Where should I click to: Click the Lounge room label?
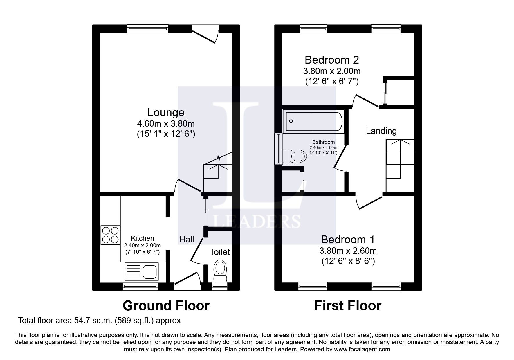pyautogui.click(x=166, y=113)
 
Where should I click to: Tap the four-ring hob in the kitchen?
pyautogui.click(x=110, y=235)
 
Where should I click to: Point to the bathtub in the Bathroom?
pyautogui.click(x=313, y=121)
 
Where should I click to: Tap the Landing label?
pyautogui.click(x=381, y=131)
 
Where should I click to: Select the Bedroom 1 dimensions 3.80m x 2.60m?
pyautogui.click(x=348, y=251)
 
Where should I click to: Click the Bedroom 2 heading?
pyautogui.click(x=332, y=60)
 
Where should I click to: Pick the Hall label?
pyautogui.click(x=186, y=240)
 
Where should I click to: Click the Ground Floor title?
pyautogui.click(x=166, y=306)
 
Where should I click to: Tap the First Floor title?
pyautogui.click(x=347, y=306)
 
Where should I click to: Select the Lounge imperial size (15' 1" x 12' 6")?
pyautogui.click(x=166, y=134)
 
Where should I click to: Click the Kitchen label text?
pyautogui.click(x=142, y=238)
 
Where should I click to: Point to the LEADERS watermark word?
pyautogui.click(x=257, y=221)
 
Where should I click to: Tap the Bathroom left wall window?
pyautogui.click(x=279, y=149)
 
